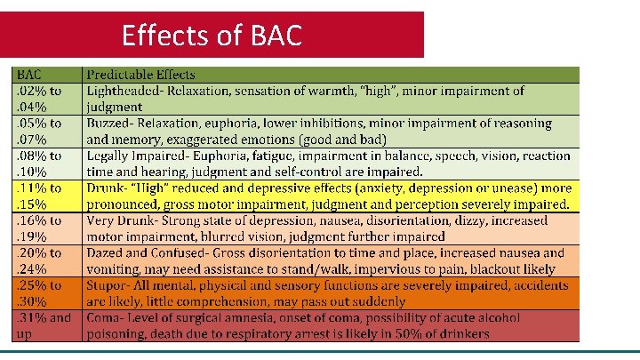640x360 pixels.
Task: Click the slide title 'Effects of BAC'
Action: tap(212, 36)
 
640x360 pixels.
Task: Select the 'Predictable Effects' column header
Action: tap(140, 75)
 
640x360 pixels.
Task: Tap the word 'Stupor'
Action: tap(108, 285)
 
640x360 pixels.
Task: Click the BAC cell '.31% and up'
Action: tap(43, 325)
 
